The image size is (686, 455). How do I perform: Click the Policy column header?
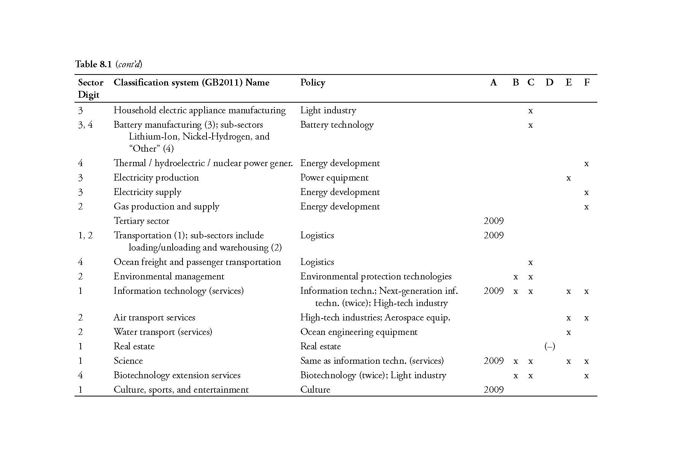(313, 82)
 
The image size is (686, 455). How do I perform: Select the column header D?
(549, 82)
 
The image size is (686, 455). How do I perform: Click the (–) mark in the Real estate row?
(549, 346)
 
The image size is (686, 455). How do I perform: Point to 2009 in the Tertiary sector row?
(494, 221)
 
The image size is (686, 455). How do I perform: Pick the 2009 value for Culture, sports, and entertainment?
(494, 390)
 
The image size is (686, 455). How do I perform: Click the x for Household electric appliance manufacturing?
(530, 111)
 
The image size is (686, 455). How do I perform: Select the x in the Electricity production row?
(568, 178)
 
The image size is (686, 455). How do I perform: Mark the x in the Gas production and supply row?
(586, 207)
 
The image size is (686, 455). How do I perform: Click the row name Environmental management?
(169, 276)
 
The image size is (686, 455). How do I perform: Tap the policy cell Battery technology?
(337, 125)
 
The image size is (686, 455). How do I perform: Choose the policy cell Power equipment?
(334, 178)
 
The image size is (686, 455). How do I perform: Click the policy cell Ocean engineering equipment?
(359, 332)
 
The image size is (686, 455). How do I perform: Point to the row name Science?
(128, 361)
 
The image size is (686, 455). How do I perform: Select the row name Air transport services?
(154, 317)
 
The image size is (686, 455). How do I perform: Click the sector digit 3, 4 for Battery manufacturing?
(85, 125)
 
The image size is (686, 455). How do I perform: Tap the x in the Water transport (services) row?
(568, 332)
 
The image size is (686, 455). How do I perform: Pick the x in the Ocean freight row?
(530, 262)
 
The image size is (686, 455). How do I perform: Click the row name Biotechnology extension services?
(177, 375)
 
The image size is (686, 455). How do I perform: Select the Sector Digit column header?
(91, 88)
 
